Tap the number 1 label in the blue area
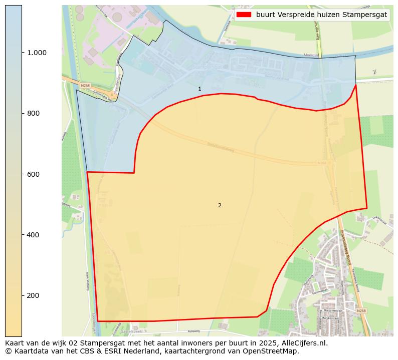[x=200, y=89]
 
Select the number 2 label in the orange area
[x=220, y=205]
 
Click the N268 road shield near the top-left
[x=85, y=86]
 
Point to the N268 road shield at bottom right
[x=361, y=311]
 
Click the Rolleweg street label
[x=193, y=331]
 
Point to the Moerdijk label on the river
[x=312, y=55]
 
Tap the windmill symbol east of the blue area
[x=374, y=72]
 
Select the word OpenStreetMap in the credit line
[x=273, y=351]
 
